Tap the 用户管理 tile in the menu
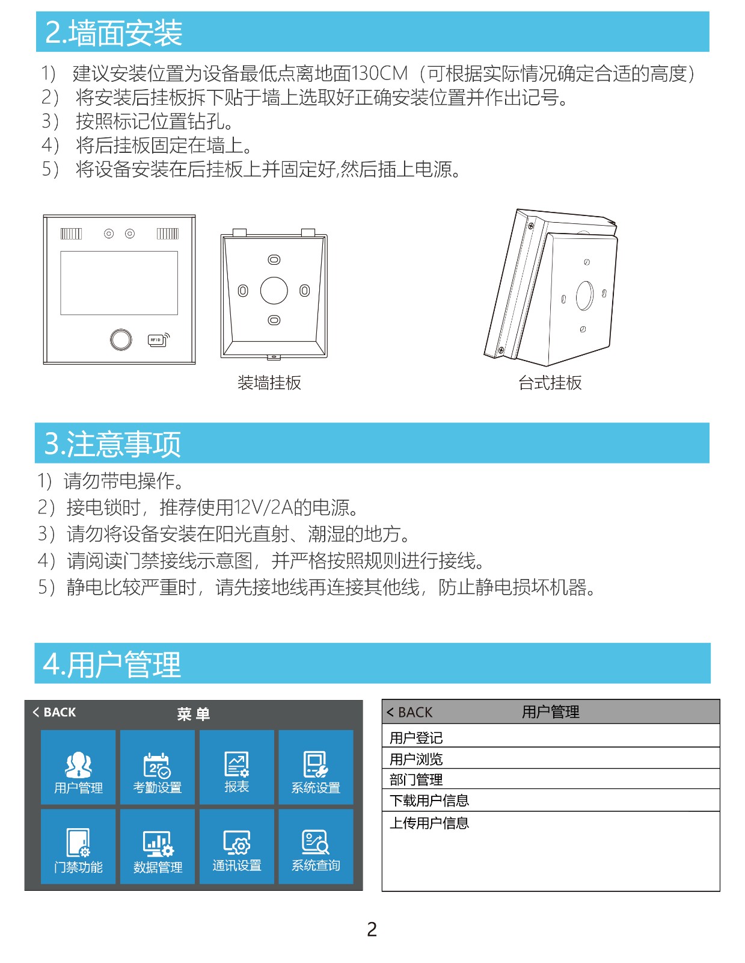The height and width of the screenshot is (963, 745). point(78,767)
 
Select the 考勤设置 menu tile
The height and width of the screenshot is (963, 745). point(157,767)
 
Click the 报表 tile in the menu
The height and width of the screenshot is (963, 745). point(236,767)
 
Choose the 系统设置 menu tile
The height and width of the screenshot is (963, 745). point(316,767)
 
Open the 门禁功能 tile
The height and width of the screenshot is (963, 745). point(78,846)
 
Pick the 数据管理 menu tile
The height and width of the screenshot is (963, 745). point(157,846)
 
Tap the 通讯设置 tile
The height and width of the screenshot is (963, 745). point(236,846)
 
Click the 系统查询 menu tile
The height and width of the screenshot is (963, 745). point(316,846)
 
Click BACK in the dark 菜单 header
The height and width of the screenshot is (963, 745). point(55,712)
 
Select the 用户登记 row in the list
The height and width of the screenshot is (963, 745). point(551,736)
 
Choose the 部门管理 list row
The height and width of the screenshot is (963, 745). point(551,779)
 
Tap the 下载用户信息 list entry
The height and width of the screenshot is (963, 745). point(551,800)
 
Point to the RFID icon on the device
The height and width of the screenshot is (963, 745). point(159,340)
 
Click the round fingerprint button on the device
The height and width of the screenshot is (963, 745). point(121,340)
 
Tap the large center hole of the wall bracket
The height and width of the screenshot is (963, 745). point(274,291)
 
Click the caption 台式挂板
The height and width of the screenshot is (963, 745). point(550,383)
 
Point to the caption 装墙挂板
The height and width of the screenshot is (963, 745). point(269,383)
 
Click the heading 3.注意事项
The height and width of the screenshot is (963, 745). point(112,444)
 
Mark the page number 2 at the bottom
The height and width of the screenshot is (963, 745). point(372,929)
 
